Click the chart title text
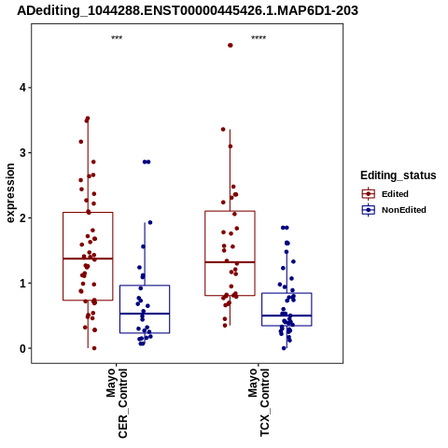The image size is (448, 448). [188, 11]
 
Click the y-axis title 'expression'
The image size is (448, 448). [10, 193]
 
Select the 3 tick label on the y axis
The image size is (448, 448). [22, 153]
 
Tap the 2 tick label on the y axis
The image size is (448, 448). [22, 218]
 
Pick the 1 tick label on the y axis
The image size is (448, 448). [22, 284]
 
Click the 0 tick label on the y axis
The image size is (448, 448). [22, 349]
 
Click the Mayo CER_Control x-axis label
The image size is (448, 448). [117, 403]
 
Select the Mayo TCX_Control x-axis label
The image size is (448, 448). [259, 402]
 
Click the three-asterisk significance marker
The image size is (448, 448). [117, 37]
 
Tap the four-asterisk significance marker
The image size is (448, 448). [259, 37]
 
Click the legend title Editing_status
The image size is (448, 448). [399, 175]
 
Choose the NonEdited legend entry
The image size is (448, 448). [394, 210]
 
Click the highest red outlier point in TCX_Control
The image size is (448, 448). [231, 46]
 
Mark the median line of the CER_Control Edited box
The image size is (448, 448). [88, 259]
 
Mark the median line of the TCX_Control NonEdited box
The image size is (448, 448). [287, 315]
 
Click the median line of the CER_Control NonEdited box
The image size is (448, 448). [145, 314]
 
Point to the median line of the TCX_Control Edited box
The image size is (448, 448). [230, 262]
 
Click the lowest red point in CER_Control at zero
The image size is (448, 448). [94, 348]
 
